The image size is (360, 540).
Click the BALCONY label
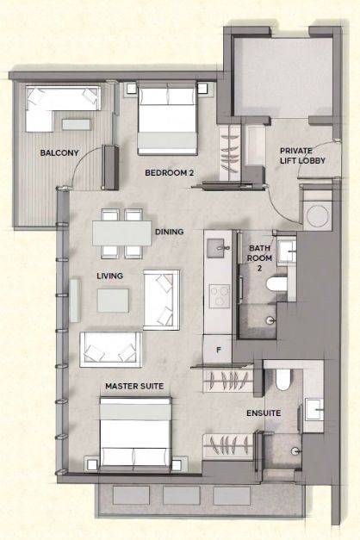click(59, 152)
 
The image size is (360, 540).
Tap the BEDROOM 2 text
click(169, 172)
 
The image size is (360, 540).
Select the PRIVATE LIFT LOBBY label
click(302, 155)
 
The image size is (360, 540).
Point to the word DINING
click(169, 232)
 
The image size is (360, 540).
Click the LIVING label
click(109, 276)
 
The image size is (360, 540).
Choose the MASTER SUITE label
click(134, 386)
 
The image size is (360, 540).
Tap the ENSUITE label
click(264, 413)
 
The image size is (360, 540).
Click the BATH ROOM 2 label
click(260, 258)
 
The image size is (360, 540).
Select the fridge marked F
click(218, 350)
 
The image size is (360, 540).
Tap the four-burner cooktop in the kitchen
click(220, 295)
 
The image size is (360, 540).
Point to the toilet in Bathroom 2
click(277, 284)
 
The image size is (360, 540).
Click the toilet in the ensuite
click(283, 379)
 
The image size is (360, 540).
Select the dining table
click(122, 233)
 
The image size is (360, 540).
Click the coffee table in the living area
click(113, 301)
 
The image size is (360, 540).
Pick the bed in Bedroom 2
click(167, 118)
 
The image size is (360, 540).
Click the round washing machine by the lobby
click(317, 215)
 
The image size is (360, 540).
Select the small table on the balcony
click(76, 124)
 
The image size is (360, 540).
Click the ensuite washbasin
click(313, 410)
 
